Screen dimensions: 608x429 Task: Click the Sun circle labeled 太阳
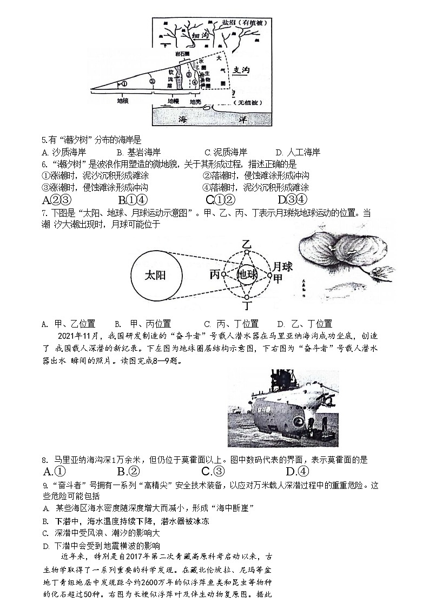tap(155, 275)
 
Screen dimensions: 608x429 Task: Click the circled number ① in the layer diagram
tap(122, 83)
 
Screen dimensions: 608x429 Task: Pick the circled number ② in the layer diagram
tap(153, 82)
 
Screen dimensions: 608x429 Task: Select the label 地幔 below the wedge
tap(173, 101)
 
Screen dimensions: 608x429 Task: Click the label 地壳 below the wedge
tap(195, 101)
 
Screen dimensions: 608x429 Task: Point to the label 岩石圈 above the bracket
tap(182, 54)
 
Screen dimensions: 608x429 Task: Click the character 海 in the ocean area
tap(185, 117)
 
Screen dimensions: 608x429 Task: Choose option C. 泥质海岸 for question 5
tap(226, 152)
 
